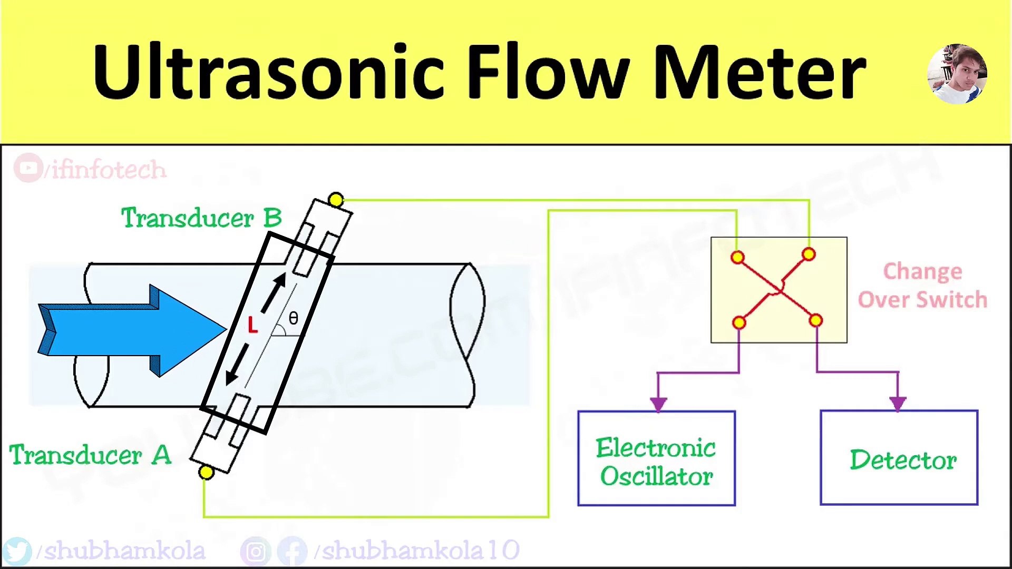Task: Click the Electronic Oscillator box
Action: coord(656,458)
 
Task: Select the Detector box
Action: coord(899,458)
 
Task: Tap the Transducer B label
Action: coord(201,218)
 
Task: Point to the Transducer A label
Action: coord(91,455)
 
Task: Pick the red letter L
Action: coord(252,325)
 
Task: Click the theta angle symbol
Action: coord(294,318)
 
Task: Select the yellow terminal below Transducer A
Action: coord(206,473)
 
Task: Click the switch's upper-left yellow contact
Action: coord(737,258)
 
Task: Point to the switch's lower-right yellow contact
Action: coord(815,320)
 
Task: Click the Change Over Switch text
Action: coord(922,286)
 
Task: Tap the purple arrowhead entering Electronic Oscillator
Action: coord(658,404)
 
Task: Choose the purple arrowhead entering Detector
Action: coord(898,403)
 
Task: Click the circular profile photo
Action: coord(957,74)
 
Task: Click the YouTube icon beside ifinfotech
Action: coord(28,168)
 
